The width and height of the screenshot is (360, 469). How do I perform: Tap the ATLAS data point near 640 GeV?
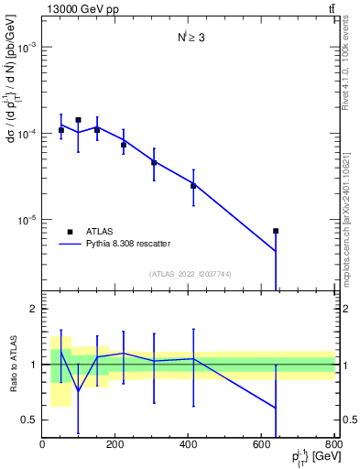[276, 231]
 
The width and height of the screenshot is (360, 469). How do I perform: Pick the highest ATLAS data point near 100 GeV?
[79, 120]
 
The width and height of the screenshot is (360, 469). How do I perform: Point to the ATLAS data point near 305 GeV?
[154, 163]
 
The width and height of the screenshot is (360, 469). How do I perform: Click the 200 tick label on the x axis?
[115, 444]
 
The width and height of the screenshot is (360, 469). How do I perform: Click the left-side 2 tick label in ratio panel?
[34, 309]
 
